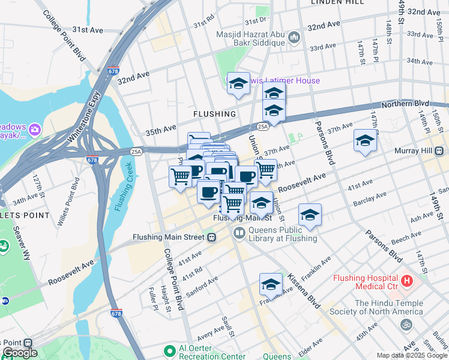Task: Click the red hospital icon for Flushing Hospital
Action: [x=407, y=280]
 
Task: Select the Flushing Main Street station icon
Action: [x=211, y=237]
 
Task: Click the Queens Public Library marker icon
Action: [x=239, y=232]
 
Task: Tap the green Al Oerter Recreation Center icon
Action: [x=169, y=349]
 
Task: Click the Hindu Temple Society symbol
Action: [x=406, y=324]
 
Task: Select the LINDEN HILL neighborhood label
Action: [x=337, y=3]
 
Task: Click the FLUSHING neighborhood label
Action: [x=214, y=113]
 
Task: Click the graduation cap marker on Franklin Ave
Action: [x=271, y=284]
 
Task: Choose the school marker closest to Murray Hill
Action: [x=364, y=141]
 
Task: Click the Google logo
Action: [x=20, y=353]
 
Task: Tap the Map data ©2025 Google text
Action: [x=411, y=355]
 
